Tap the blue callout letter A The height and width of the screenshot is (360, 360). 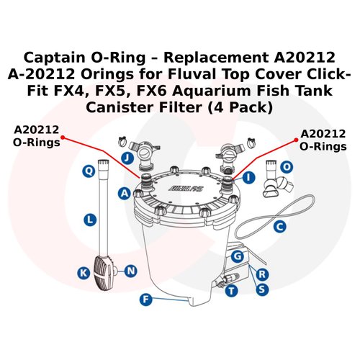coord(125,193)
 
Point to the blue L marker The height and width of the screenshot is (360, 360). coord(88,217)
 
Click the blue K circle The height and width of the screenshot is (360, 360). coord(84,272)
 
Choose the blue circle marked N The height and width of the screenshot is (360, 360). coord(130,271)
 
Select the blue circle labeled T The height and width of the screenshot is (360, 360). coord(231,291)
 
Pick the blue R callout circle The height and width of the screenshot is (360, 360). coord(263,274)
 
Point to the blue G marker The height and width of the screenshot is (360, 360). coord(235,256)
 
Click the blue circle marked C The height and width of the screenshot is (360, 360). coord(281,225)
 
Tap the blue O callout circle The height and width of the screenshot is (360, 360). coord(287,166)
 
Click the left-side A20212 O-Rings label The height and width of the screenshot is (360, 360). coord(37,136)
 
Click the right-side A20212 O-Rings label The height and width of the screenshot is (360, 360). coord(323,140)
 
